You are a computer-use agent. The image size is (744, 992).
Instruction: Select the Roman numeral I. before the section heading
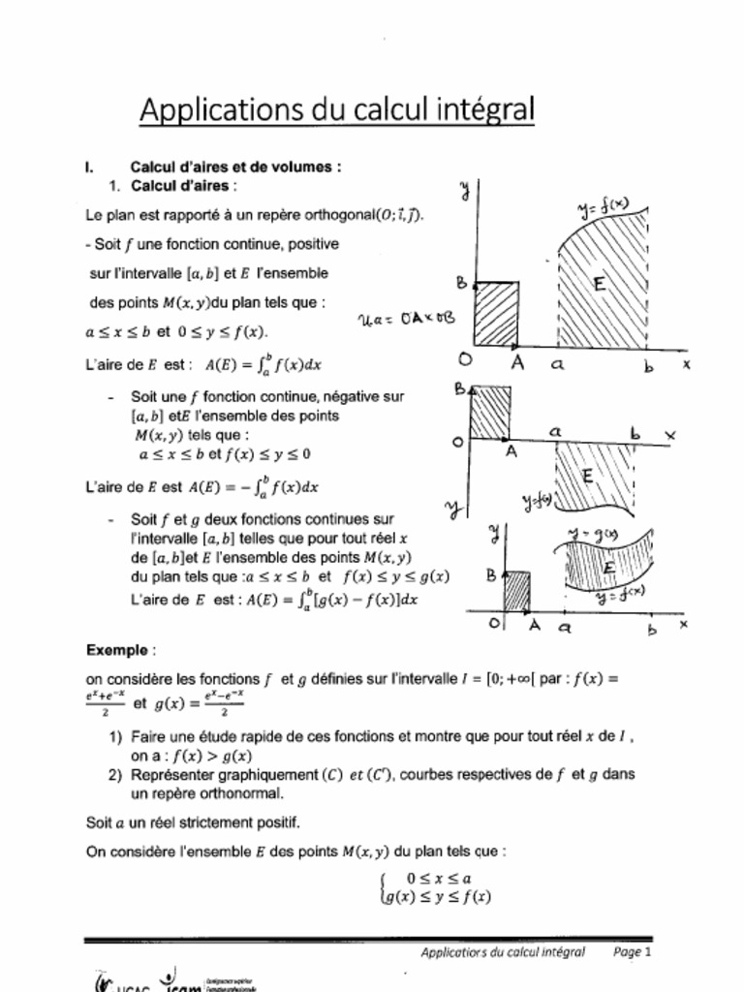(x=90, y=167)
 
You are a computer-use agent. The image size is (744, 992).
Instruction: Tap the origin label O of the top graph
(x=466, y=360)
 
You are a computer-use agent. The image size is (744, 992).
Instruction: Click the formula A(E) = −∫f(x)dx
(x=254, y=486)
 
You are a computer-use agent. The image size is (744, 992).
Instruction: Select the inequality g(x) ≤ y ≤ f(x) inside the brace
(x=439, y=897)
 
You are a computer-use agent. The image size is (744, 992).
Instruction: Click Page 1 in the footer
(x=633, y=952)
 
